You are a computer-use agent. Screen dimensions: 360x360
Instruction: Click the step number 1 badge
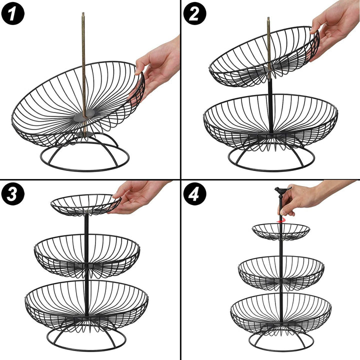tap(13, 13)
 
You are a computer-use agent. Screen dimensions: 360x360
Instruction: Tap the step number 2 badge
tap(194, 13)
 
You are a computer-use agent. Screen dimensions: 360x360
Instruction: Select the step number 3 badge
tap(13, 194)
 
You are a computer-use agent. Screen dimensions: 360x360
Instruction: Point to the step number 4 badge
tap(194, 194)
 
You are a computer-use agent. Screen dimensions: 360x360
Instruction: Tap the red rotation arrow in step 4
tap(280, 220)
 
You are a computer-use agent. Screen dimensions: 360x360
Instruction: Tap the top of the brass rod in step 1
tap(83, 13)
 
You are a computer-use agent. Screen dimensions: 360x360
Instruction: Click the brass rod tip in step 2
tap(268, 18)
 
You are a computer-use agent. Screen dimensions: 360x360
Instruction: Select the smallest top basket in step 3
tap(86, 205)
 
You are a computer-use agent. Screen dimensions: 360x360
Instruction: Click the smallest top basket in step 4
tap(281, 231)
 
